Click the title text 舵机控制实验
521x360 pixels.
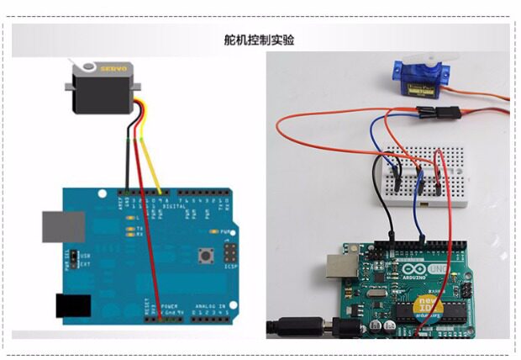pos(260,40)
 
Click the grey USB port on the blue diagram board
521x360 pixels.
pos(64,227)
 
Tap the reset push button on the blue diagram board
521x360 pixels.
pos(203,254)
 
